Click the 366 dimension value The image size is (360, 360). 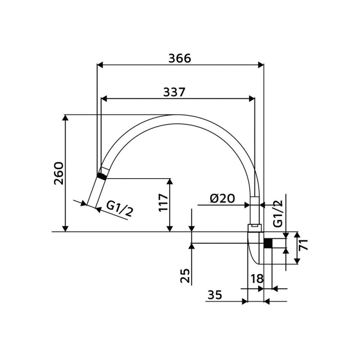180,58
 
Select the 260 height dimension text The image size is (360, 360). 58,173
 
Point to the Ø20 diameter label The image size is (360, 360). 222,198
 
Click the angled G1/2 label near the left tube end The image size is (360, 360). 120,209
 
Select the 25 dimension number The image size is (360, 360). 185,275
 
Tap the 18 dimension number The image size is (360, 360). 256,279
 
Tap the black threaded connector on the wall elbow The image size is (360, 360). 269,243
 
